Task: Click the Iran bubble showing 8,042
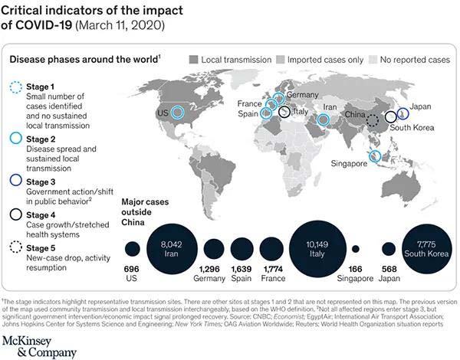click(174, 248)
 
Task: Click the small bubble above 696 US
click(133, 249)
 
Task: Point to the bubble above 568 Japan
click(389, 249)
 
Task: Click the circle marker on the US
click(178, 113)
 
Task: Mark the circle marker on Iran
click(323, 119)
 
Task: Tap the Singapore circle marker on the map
click(375, 156)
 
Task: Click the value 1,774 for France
click(271, 270)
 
